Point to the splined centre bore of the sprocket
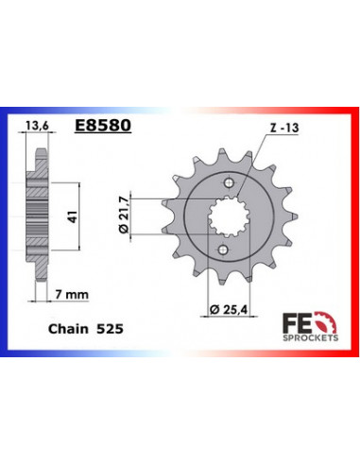[x=225, y=217]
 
